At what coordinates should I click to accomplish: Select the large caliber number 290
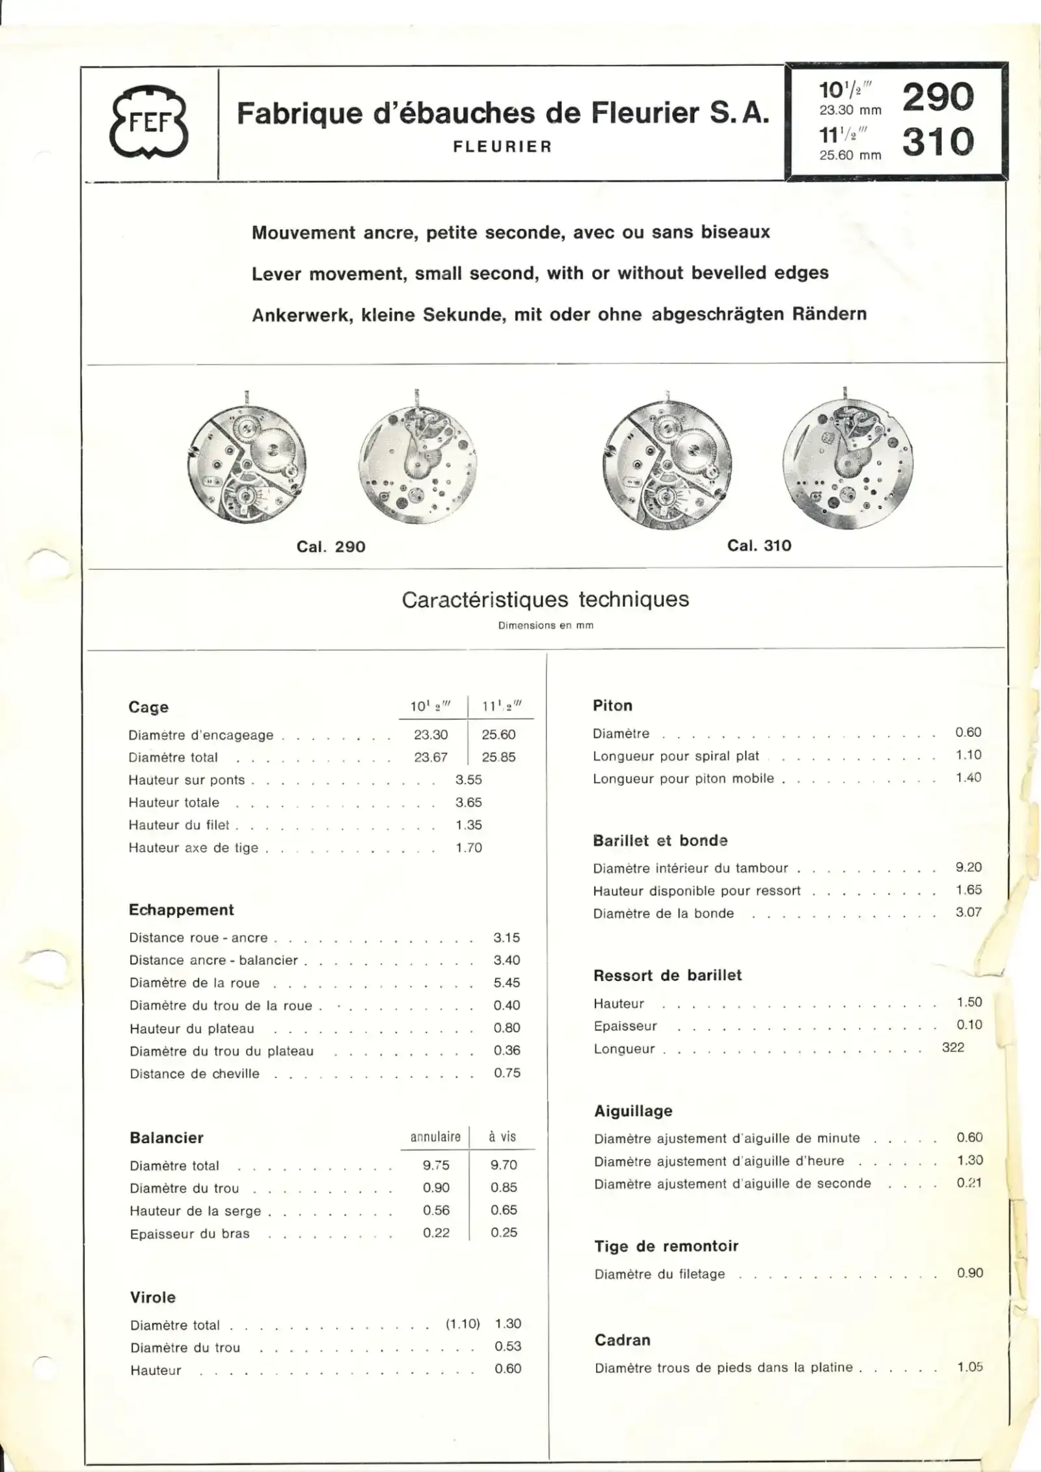coord(938,97)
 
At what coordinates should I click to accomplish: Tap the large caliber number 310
coord(938,142)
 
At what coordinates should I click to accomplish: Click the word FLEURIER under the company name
coord(502,147)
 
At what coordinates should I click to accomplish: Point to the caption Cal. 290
coord(331,547)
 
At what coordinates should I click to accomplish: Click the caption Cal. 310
coord(759,546)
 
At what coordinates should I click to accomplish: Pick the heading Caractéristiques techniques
coord(545,600)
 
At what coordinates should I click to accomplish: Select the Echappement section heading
coord(181,910)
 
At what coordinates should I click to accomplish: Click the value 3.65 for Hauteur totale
coord(468,803)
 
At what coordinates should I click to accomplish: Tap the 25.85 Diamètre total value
coord(498,757)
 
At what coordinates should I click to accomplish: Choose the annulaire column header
coord(435,1137)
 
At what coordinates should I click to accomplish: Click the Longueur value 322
coord(953,1048)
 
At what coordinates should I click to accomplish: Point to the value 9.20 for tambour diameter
coord(968,867)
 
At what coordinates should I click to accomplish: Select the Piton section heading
coord(612,706)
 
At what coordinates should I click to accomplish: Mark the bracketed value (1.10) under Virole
coord(463,1324)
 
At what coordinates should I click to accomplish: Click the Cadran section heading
coord(622,1340)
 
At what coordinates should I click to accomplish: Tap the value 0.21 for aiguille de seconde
coord(969,1183)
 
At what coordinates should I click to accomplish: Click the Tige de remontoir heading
coord(666,1246)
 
